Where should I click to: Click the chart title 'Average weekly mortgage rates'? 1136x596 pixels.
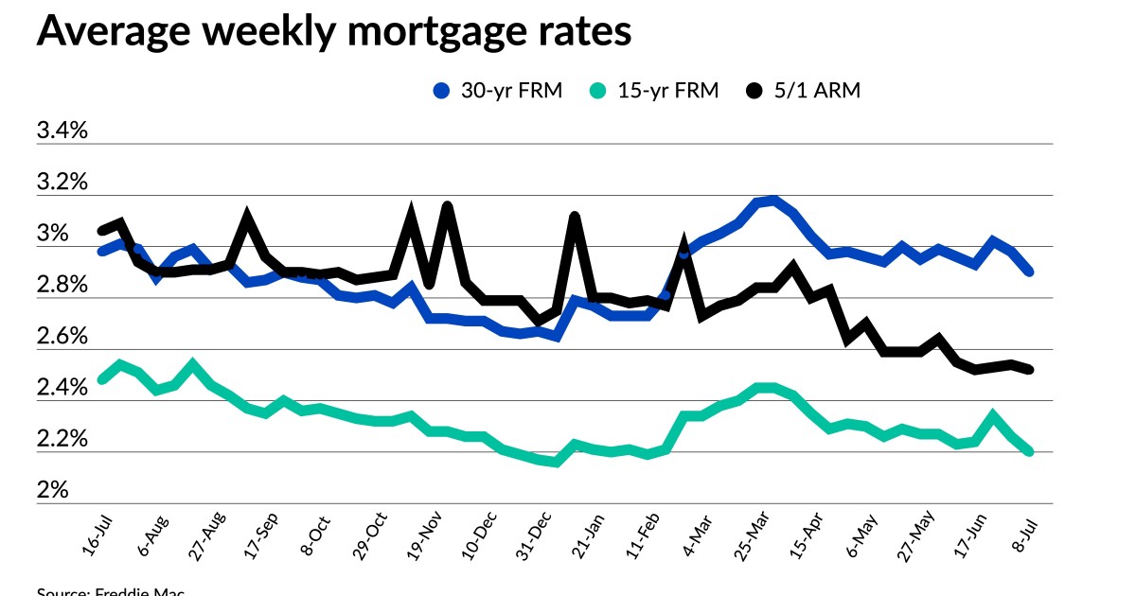[x=333, y=31]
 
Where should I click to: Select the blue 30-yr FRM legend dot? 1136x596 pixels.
[x=441, y=91]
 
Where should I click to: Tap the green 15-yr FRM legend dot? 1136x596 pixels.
[x=596, y=91]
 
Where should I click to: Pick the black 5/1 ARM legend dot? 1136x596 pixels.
[x=754, y=91]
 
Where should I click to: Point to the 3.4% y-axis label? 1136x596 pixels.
[x=62, y=131]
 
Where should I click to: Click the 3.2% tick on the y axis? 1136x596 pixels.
[x=62, y=182]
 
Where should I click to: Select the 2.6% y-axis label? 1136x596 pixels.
[x=62, y=337]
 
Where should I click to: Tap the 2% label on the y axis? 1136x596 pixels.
[x=53, y=491]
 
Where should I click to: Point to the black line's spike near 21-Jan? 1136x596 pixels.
[x=575, y=218]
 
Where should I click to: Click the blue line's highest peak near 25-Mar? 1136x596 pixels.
[x=774, y=200]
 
